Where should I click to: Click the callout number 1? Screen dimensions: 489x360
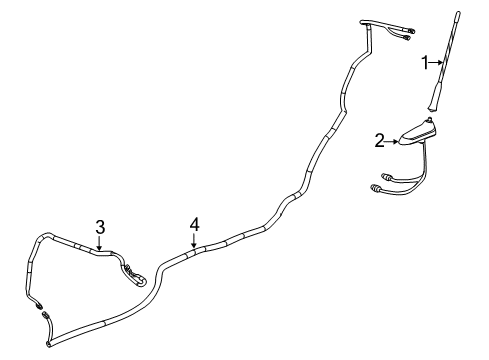(423, 63)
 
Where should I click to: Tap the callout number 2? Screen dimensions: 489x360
(379, 142)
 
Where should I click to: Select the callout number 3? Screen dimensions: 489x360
(100, 226)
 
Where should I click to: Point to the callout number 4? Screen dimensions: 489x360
(195, 225)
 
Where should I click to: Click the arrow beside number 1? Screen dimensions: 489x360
(433, 63)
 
